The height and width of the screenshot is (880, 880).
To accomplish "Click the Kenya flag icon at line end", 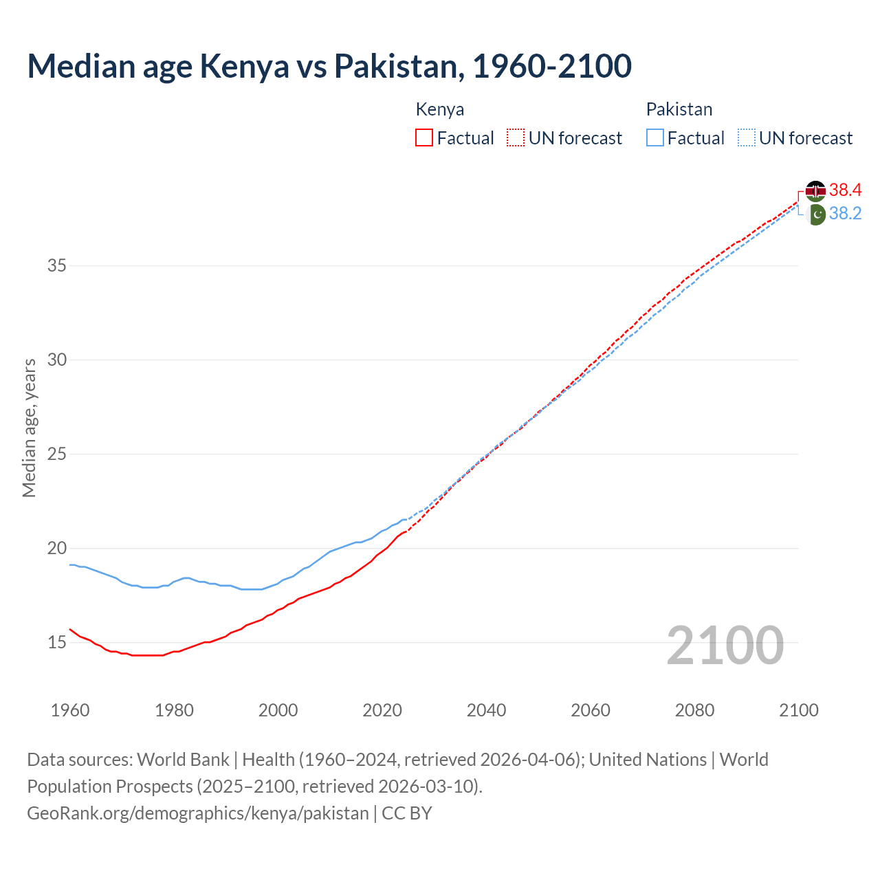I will click(x=815, y=190).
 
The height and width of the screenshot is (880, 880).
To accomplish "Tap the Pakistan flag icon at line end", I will click(x=815, y=214).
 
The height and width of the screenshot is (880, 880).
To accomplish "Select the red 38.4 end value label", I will click(x=845, y=190).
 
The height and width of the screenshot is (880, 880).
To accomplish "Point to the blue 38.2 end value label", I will click(x=845, y=214).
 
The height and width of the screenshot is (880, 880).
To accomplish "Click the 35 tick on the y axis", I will click(x=56, y=265).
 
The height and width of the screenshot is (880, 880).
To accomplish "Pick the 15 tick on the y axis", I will click(x=56, y=643).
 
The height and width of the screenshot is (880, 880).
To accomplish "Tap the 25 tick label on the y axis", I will click(x=56, y=454).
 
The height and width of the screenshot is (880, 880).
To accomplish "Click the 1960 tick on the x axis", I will click(x=70, y=710).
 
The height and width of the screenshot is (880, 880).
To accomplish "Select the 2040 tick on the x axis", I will click(x=486, y=710).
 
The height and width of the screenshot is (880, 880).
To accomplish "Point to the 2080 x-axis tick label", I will click(x=694, y=710).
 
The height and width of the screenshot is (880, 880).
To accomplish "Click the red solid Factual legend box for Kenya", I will click(x=424, y=138).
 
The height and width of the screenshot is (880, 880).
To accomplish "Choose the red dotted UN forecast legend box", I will click(x=516, y=138).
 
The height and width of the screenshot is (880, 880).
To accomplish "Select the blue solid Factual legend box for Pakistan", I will click(x=655, y=138).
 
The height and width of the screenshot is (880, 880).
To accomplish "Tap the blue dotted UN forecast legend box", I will click(x=747, y=138).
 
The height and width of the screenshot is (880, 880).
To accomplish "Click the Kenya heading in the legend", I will click(x=440, y=109).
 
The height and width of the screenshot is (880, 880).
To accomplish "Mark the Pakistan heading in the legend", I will click(x=679, y=109).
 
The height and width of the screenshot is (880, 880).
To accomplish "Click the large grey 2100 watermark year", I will click(x=725, y=645).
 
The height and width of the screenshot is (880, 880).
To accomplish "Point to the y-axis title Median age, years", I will click(x=29, y=428).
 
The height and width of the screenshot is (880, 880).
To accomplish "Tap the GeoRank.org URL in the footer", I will click(x=198, y=813).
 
